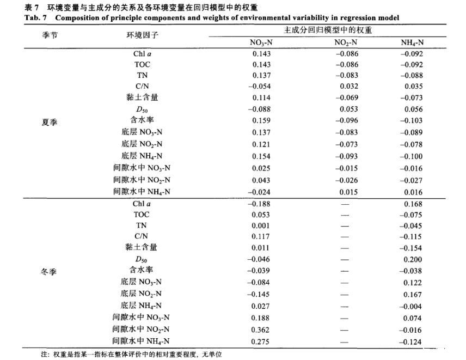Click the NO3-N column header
coord(261,43)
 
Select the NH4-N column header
coord(412,43)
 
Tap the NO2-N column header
coord(346,43)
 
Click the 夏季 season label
coord(50,123)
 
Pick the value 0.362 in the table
coord(261,329)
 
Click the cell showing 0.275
coord(261,340)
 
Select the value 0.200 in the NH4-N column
coord(414,260)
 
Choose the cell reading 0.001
coord(261,226)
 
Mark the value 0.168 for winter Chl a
coord(414,204)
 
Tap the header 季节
coord(50,34)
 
